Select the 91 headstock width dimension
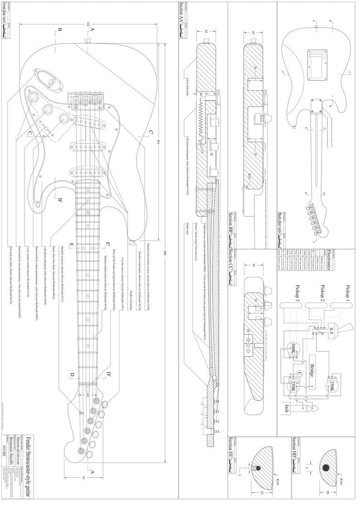pyautogui.click(x=83, y=479)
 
